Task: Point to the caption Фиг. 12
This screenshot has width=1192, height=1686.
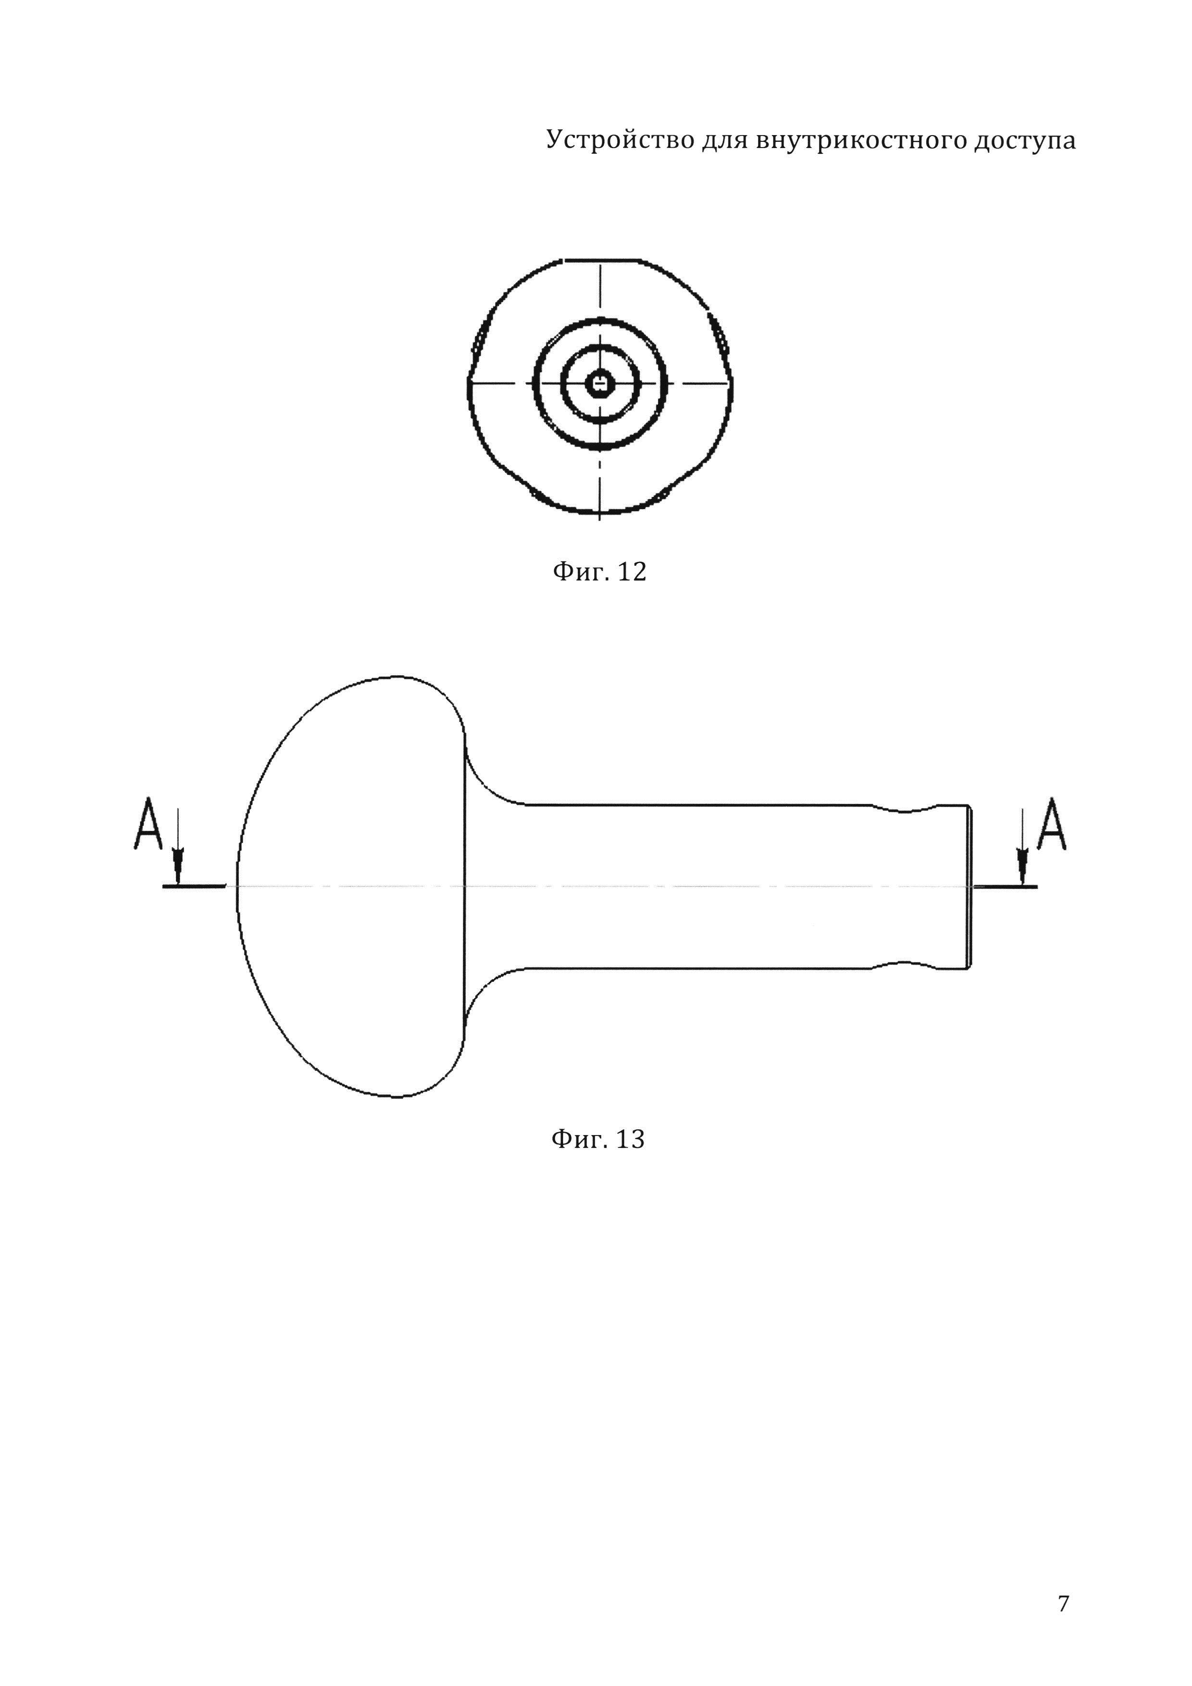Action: click(x=599, y=571)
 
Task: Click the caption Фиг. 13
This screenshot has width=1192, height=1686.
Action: click(x=597, y=1139)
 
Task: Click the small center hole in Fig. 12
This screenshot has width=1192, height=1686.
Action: click(x=600, y=383)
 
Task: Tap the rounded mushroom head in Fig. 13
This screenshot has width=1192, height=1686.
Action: click(x=352, y=888)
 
